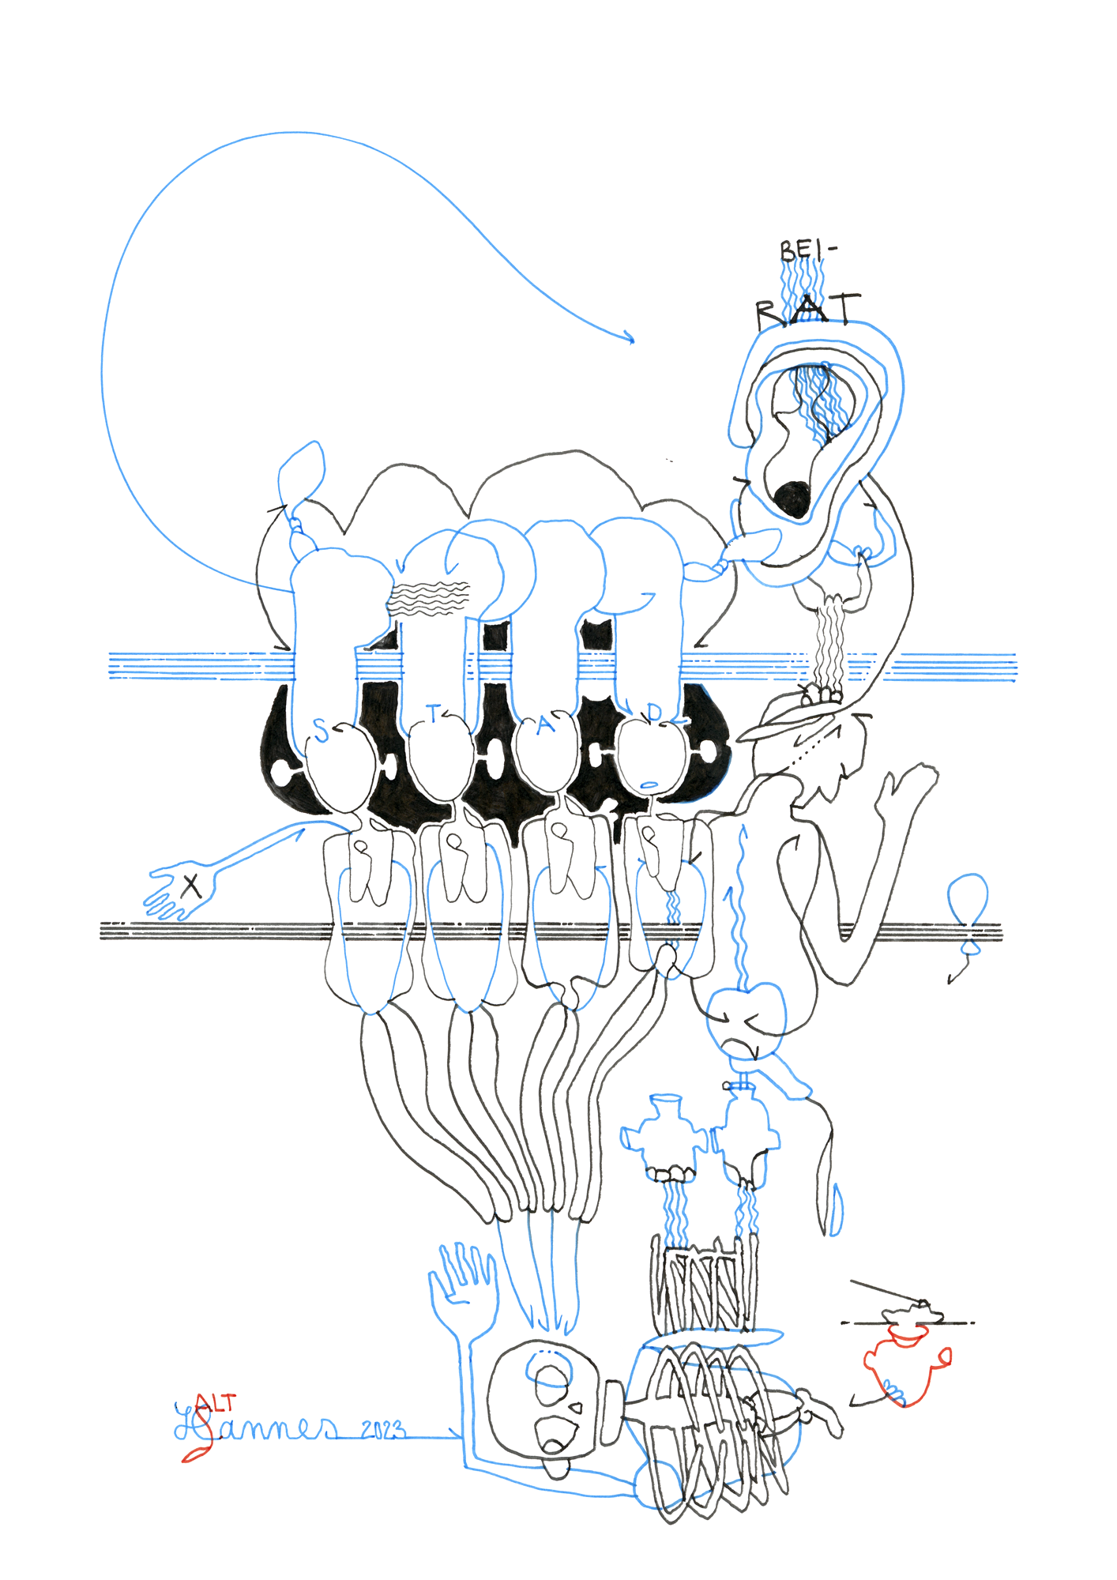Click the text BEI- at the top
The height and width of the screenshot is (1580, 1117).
pyautogui.click(x=806, y=251)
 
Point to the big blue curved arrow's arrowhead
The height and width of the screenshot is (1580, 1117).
pyautogui.click(x=630, y=339)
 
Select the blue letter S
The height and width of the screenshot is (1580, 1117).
pyautogui.click(x=320, y=731)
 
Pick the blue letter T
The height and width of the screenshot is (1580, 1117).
pyautogui.click(x=433, y=714)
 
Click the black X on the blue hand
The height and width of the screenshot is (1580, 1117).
pyautogui.click(x=190, y=886)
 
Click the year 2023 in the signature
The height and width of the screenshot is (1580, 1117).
pyautogui.click(x=383, y=1430)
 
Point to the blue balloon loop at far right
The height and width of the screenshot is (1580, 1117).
pyautogui.click(x=968, y=897)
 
